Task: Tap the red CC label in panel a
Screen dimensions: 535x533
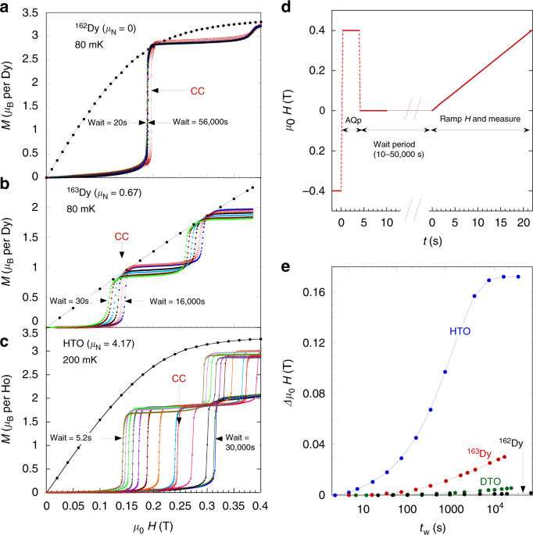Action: point(199,91)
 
